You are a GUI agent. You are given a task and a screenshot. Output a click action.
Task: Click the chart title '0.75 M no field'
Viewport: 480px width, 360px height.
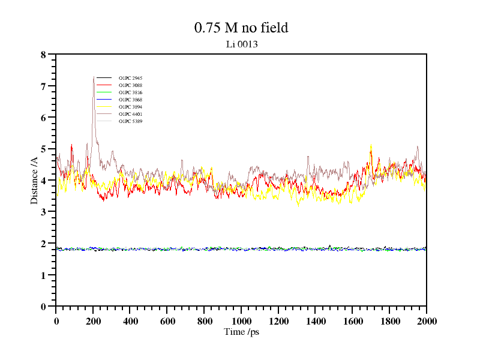click(241, 28)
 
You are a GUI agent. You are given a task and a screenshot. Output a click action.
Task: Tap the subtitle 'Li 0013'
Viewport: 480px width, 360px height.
click(241, 44)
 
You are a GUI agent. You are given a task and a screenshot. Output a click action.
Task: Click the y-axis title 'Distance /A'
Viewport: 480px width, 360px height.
click(34, 180)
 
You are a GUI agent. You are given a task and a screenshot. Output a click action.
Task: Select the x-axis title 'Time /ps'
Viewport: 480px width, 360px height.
click(241, 331)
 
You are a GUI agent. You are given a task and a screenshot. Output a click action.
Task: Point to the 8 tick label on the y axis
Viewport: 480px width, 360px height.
click(43, 55)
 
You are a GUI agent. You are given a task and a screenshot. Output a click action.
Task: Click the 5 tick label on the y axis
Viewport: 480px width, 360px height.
click(43, 149)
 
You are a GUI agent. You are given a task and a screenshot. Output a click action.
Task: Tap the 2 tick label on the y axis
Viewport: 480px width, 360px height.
click(43, 243)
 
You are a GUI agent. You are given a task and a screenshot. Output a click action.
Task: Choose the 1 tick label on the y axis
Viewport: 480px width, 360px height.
click(43, 275)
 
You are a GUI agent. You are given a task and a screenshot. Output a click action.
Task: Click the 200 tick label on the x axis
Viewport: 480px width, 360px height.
click(93, 322)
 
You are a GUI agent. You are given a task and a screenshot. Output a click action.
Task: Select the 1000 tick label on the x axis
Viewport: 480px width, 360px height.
click(241, 322)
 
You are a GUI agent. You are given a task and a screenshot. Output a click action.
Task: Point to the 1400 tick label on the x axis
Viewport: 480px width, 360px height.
click(316, 322)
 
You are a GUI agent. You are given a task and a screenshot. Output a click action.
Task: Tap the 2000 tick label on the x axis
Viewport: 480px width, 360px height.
click(426, 322)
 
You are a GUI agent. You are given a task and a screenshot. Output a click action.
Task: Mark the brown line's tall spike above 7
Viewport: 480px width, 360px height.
click(94, 78)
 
